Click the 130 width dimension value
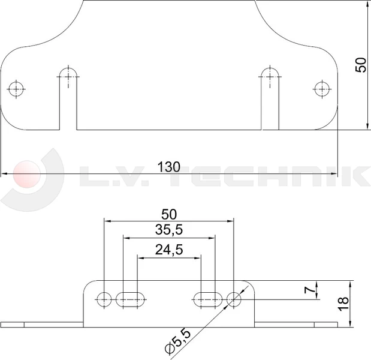(168, 167)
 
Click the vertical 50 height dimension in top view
(360, 64)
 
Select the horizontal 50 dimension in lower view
(169, 214)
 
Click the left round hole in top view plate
(16, 89)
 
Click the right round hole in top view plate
(322, 89)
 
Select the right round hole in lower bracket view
(234, 298)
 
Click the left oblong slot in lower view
(131, 298)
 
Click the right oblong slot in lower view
(207, 298)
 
